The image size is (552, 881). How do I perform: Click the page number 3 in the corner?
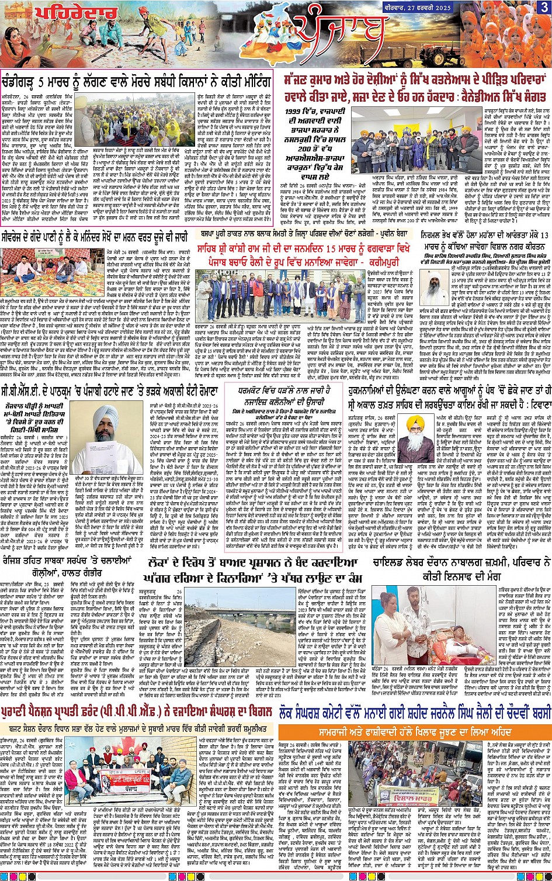544,7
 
